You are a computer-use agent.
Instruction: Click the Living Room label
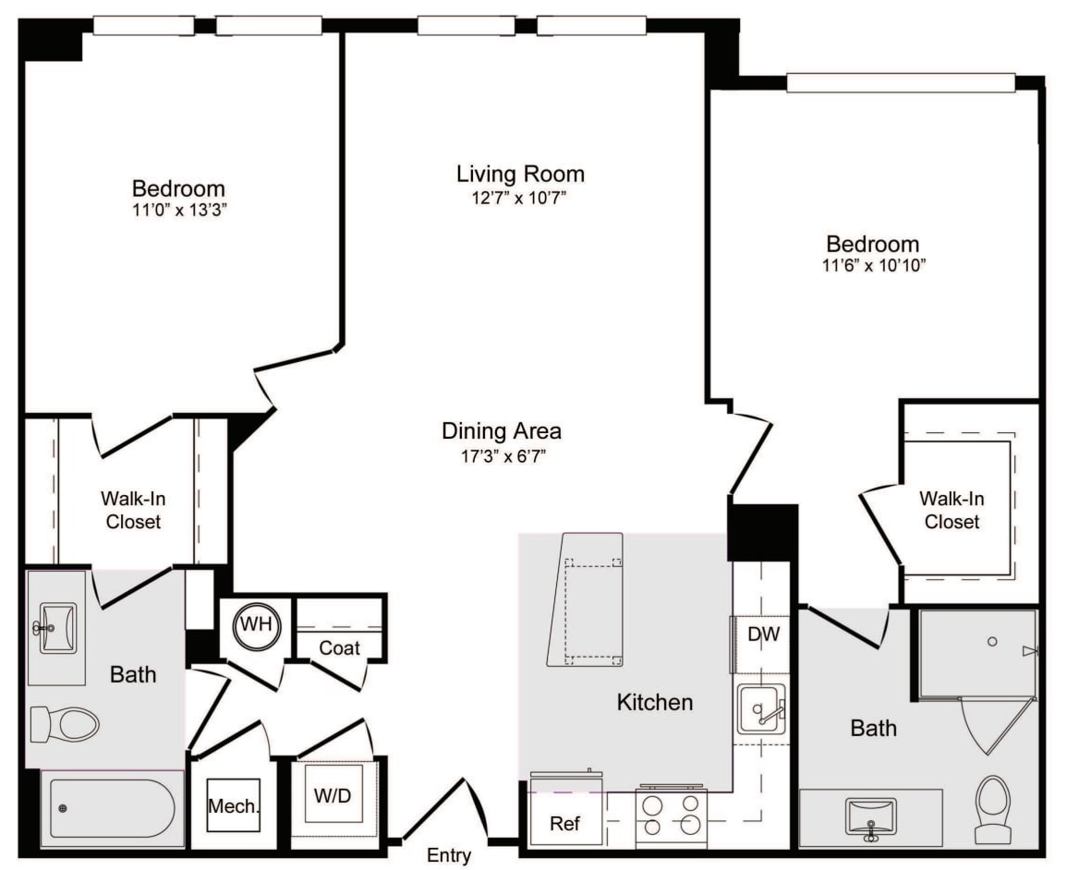[521, 174]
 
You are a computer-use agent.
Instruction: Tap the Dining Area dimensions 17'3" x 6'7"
[503, 456]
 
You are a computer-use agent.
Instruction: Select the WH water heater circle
[257, 623]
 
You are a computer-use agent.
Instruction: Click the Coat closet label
[339, 647]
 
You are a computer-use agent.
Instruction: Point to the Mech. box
[234, 805]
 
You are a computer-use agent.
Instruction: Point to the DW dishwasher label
[763, 634]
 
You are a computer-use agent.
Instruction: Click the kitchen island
[586, 599]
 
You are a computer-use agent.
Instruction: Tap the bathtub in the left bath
[113, 809]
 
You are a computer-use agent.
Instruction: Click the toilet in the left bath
[65, 724]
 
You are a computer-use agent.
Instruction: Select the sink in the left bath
[57, 628]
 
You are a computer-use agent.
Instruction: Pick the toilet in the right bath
[993, 810]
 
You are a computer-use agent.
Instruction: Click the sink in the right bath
[869, 817]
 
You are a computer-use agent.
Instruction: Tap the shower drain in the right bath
[992, 642]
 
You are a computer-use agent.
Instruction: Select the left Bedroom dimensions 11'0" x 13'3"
[179, 210]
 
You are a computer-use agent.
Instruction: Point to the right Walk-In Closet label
[952, 510]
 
